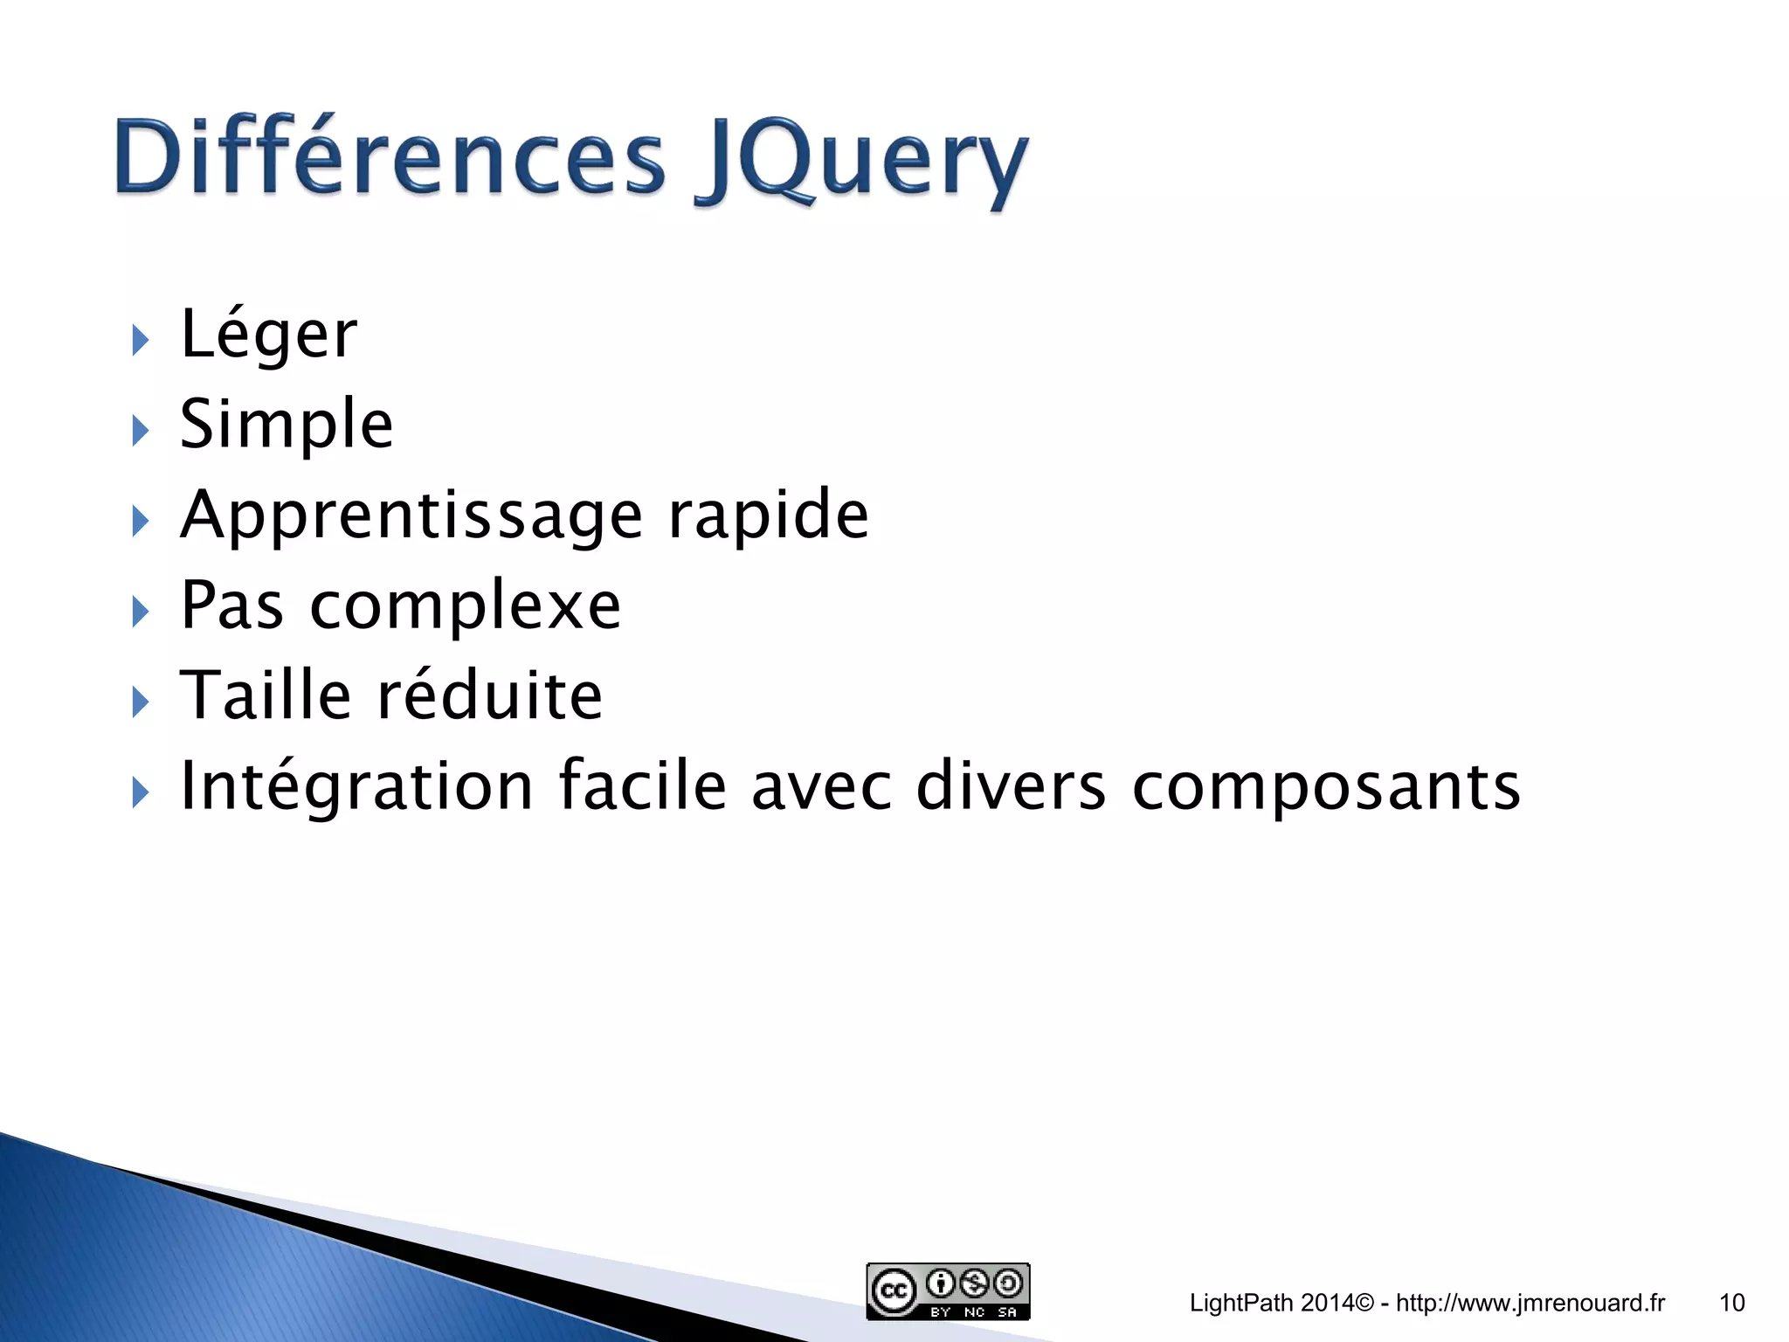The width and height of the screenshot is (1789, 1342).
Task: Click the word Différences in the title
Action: tap(390, 157)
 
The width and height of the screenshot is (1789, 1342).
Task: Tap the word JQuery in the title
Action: tap(860, 162)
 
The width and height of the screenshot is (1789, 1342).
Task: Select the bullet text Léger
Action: tap(268, 335)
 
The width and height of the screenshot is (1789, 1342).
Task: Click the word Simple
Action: tap(287, 425)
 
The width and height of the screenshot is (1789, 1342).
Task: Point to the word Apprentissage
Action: tap(411, 516)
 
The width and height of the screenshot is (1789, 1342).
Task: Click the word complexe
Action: tap(465, 605)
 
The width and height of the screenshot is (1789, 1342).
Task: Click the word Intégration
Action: tap(356, 785)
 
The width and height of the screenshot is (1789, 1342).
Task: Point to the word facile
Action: tap(642, 785)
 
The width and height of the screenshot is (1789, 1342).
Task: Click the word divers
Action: tap(1011, 785)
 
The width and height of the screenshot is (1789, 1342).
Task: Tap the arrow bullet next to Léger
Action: tap(141, 340)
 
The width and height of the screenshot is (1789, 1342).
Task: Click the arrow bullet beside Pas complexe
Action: tap(141, 612)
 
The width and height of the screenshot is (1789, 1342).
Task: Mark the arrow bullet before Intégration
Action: tap(141, 792)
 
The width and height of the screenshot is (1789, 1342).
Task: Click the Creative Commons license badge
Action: tap(948, 1291)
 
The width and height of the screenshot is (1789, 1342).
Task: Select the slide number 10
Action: tap(1731, 1303)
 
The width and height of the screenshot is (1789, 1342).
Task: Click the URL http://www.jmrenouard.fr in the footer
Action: tap(1530, 1303)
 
